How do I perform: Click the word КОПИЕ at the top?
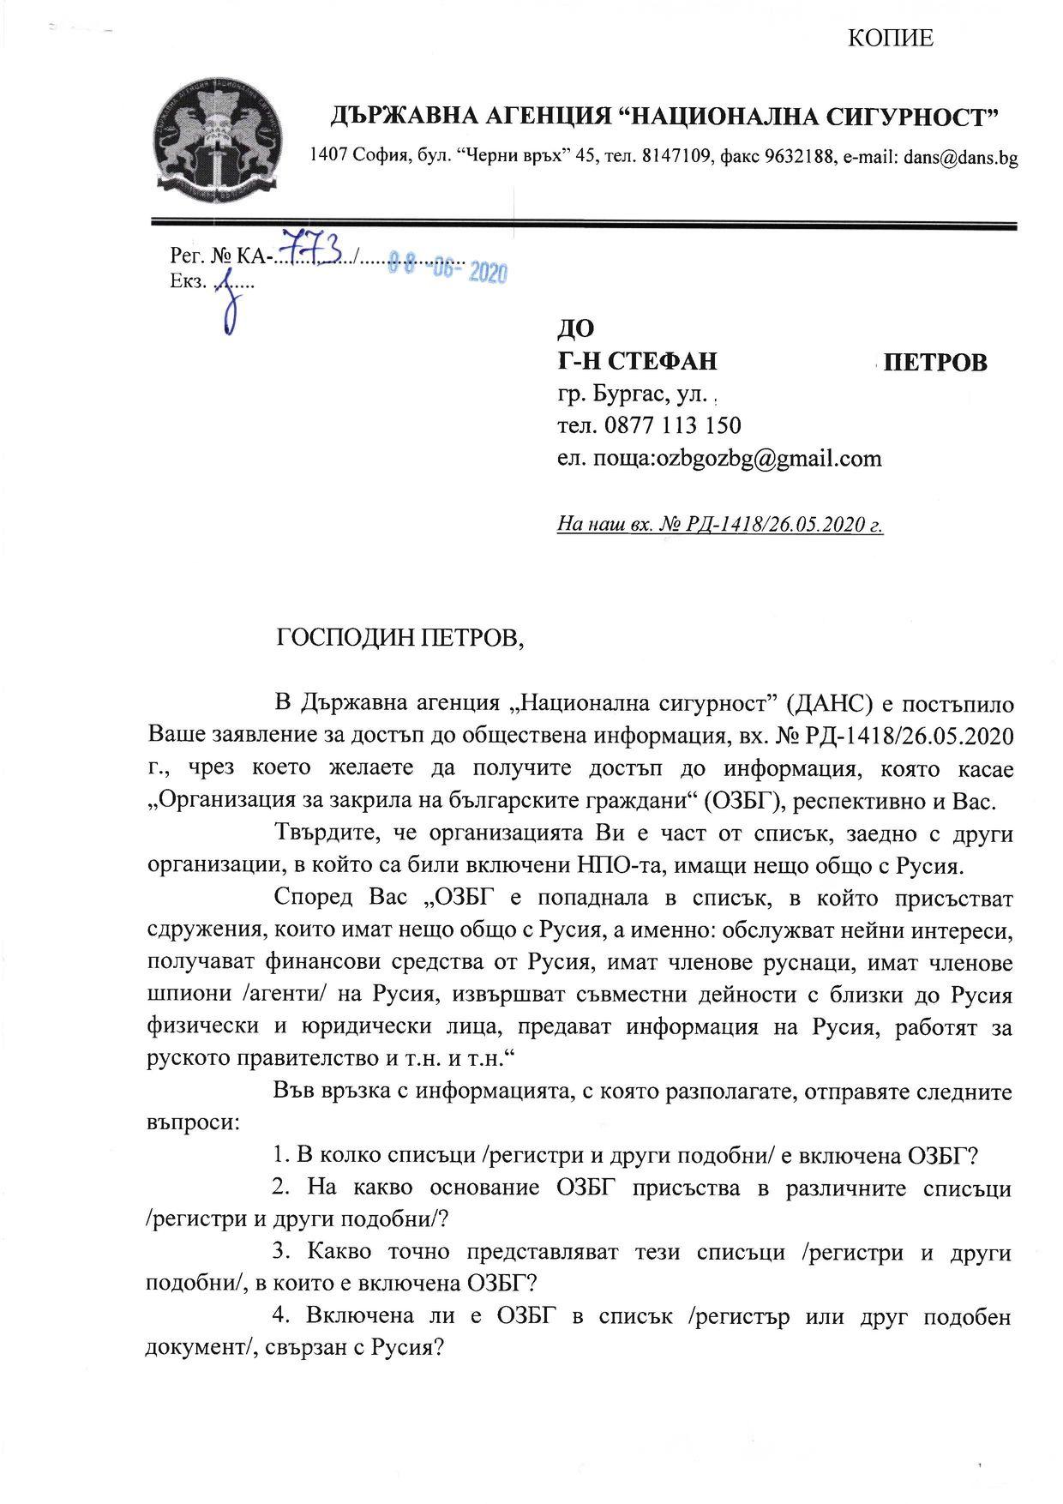889,39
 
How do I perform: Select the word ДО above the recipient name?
575,328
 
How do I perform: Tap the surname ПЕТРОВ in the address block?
935,363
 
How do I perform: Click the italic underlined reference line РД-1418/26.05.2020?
720,523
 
